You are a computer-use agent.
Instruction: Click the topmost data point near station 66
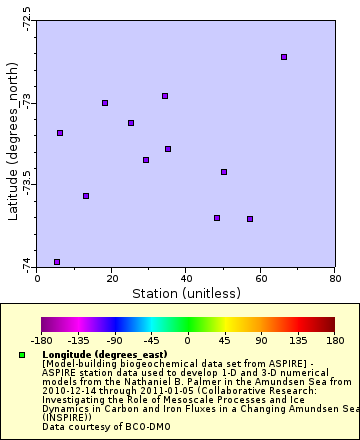[284, 57]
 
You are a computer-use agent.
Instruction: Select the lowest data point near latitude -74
[57, 262]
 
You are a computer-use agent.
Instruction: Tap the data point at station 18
[105, 103]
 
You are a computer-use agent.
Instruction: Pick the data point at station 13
[86, 196]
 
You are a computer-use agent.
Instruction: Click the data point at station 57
[250, 219]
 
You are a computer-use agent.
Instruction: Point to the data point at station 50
[224, 172]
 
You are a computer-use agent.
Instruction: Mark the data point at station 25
[131, 123]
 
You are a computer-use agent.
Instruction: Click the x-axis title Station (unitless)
[186, 293]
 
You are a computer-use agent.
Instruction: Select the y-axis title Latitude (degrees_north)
[11, 140]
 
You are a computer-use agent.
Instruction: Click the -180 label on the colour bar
[42, 339]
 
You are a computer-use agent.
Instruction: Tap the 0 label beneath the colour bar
[188, 339]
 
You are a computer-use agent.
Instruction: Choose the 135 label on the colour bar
[298, 339]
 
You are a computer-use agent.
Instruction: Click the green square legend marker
[22, 355]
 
